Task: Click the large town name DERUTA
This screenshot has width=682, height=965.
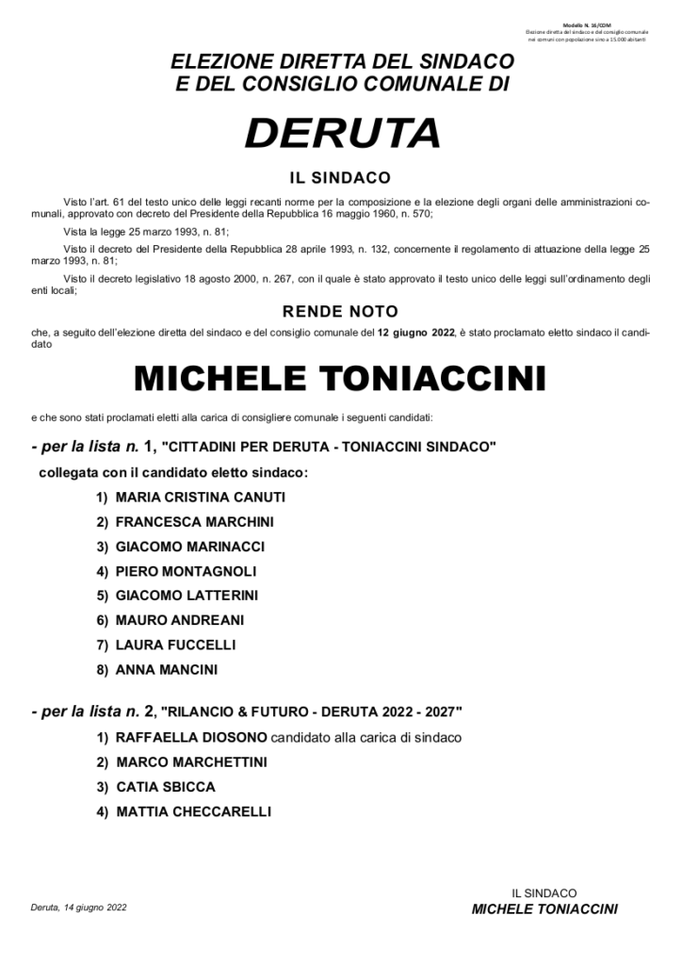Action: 342,132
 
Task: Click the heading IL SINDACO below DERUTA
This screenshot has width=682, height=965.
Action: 340,177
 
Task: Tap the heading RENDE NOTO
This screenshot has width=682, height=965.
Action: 340,312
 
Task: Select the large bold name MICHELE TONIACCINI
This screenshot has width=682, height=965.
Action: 340,379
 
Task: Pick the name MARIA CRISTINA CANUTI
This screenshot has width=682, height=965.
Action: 200,497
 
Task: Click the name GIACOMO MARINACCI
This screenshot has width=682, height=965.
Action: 190,547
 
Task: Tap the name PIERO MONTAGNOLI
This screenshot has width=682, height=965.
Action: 186,571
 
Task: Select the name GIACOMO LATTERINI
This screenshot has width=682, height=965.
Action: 187,596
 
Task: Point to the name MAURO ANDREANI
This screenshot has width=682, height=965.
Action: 180,620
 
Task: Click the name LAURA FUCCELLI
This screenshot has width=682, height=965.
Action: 175,645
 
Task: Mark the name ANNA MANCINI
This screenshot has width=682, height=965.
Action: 167,670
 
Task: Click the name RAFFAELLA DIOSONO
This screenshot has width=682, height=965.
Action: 192,737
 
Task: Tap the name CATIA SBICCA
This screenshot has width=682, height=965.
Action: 166,786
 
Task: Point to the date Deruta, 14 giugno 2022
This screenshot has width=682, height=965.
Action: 79,908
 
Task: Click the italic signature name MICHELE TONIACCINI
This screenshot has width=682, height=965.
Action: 544,909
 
